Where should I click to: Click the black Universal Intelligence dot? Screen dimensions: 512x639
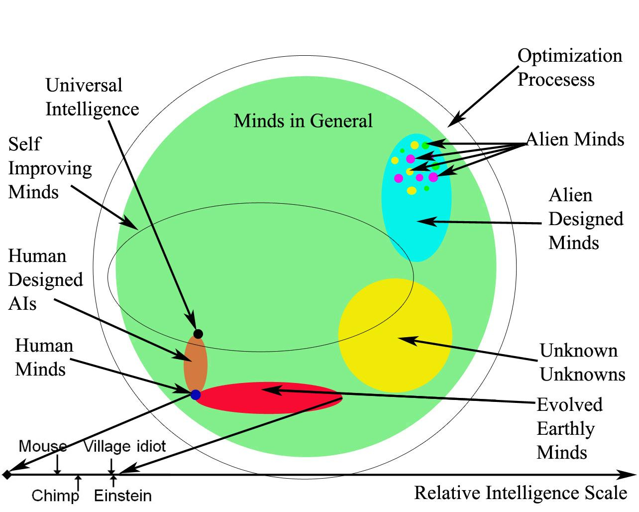coord(198,334)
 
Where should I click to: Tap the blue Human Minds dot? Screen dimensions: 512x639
coord(196,394)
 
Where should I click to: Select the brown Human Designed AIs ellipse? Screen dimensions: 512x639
coord(196,364)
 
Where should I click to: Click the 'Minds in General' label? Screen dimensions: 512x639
coord(303,121)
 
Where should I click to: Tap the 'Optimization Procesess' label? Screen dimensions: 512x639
coord(569,68)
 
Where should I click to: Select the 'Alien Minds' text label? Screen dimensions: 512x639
coord(575,139)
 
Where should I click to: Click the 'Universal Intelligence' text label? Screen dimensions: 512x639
coord(92,97)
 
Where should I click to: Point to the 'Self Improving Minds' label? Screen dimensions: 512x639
coord(50,168)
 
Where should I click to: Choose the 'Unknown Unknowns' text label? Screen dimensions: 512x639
coord(582,363)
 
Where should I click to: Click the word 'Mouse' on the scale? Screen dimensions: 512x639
coord(43,446)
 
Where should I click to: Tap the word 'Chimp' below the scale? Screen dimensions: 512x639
coord(55,496)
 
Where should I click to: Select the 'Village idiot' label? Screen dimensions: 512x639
coord(124,446)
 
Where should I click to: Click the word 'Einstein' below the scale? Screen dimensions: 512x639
coord(123,496)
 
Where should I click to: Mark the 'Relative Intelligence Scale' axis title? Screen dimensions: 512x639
coord(521,493)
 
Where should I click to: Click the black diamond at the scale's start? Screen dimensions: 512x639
coord(6,475)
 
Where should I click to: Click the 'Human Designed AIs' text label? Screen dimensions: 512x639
coord(45,280)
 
